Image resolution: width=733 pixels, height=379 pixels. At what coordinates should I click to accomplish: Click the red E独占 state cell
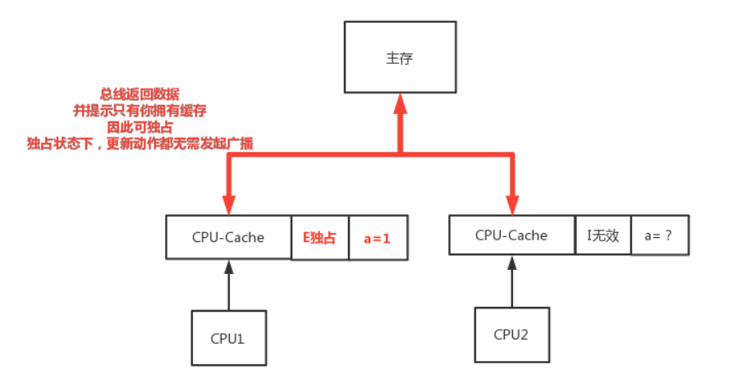(x=320, y=238)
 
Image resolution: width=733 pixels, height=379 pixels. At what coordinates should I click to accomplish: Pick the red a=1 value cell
(x=378, y=238)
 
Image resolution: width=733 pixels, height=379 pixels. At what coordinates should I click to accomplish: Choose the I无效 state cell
(x=603, y=235)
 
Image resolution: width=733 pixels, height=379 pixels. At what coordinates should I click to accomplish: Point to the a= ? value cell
(x=660, y=235)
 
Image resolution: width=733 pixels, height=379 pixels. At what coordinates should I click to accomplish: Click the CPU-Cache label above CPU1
(x=228, y=237)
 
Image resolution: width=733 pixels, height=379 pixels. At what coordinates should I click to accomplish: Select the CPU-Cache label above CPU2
(x=511, y=235)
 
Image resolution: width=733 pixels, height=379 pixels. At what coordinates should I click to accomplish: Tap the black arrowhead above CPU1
(x=228, y=267)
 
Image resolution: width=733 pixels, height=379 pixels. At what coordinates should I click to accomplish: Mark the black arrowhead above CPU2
(x=512, y=263)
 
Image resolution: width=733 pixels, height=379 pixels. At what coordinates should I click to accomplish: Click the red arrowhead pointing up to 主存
(x=401, y=103)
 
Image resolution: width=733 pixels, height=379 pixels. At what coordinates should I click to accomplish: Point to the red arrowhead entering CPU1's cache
(x=228, y=205)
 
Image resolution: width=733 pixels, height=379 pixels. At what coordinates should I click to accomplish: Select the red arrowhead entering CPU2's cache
(x=513, y=205)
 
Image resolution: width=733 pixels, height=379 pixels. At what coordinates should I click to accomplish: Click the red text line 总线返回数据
(x=140, y=94)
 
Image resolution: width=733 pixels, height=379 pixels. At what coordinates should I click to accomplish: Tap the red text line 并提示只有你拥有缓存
(x=140, y=111)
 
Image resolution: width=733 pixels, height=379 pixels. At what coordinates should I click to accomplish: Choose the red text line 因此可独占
(x=140, y=127)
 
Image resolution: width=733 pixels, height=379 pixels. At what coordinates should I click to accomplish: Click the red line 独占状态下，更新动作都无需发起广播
(x=140, y=144)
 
